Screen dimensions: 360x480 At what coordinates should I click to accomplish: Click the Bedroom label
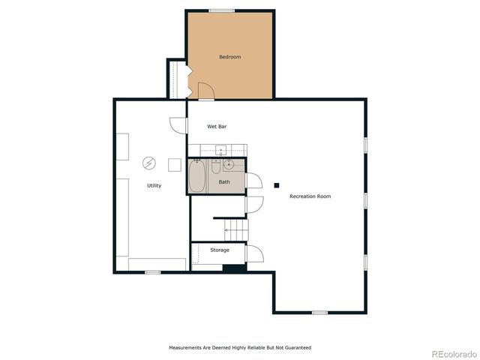(229, 57)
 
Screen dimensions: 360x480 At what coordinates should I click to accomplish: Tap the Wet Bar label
(217, 127)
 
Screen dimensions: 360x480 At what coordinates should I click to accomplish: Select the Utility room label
(154, 185)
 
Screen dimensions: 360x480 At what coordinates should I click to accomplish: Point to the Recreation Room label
(310, 196)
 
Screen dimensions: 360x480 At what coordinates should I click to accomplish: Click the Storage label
(219, 250)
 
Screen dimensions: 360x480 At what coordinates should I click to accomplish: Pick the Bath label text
(224, 182)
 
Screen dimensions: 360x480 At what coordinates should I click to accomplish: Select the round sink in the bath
(229, 165)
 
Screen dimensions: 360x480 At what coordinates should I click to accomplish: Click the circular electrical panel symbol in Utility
(149, 163)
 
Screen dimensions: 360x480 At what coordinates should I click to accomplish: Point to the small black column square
(276, 185)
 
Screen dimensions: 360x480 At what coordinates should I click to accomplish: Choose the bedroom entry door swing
(205, 91)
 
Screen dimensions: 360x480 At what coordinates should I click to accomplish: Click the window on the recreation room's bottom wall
(319, 312)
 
